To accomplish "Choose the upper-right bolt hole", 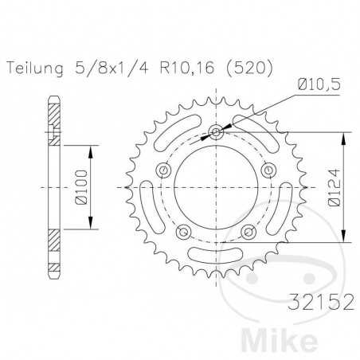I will pos(267,169).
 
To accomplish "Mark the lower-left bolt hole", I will pos(183,230).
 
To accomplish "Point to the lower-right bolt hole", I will pos(247,230).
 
